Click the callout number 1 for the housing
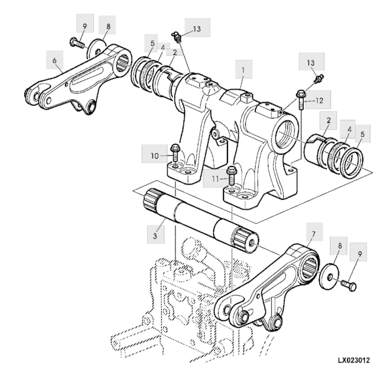point(243,69)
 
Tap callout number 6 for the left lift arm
point(55,60)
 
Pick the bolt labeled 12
point(300,98)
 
